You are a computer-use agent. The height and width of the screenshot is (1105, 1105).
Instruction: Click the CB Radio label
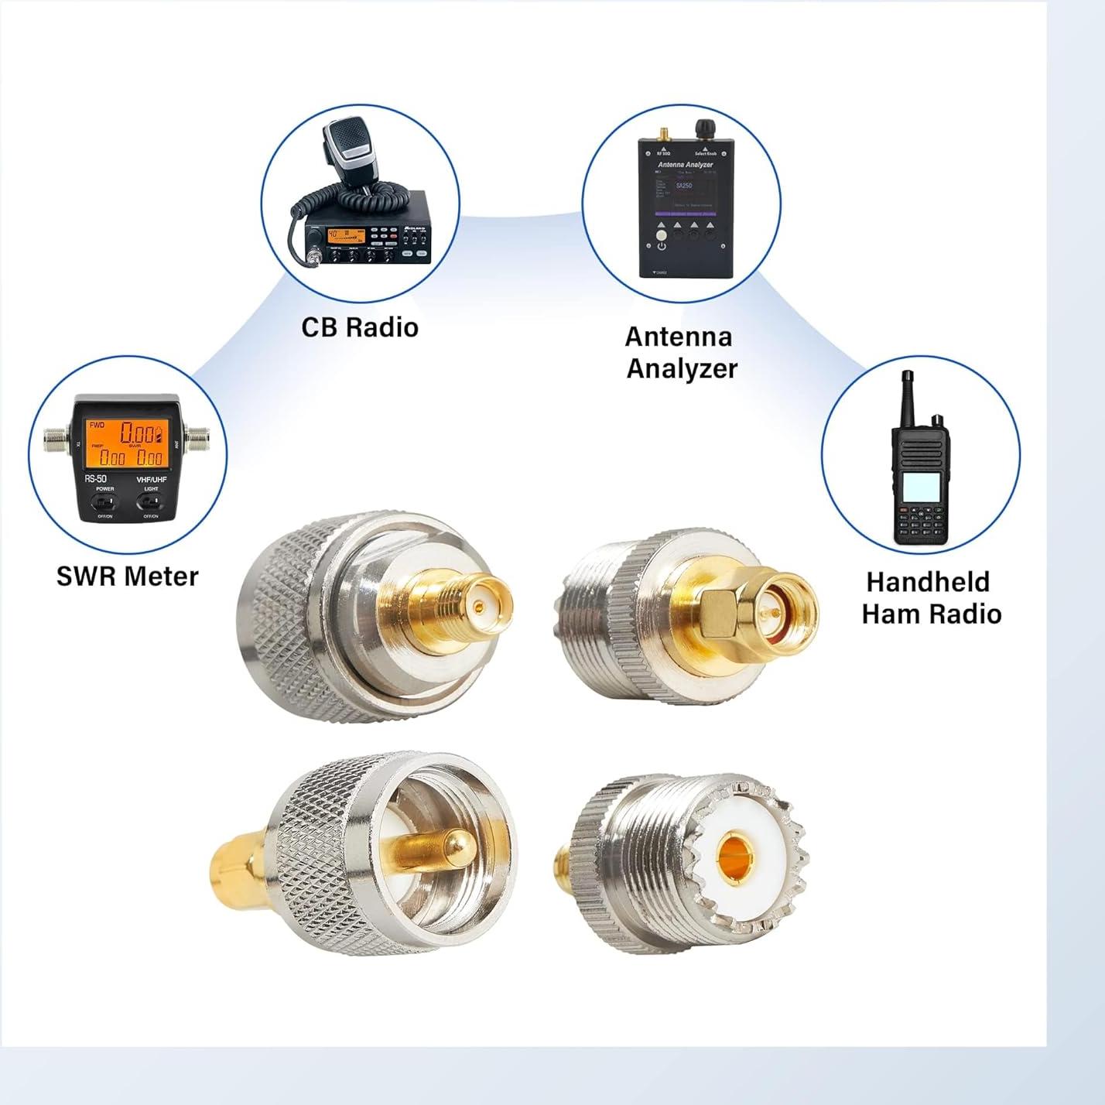(360, 327)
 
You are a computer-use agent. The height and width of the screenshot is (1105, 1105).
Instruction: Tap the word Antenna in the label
(679, 337)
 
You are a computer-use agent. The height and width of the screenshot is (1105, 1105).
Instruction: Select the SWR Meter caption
(128, 576)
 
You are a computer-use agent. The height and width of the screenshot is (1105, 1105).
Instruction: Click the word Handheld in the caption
(928, 582)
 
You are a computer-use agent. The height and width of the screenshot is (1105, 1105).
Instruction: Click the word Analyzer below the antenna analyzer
(682, 369)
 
